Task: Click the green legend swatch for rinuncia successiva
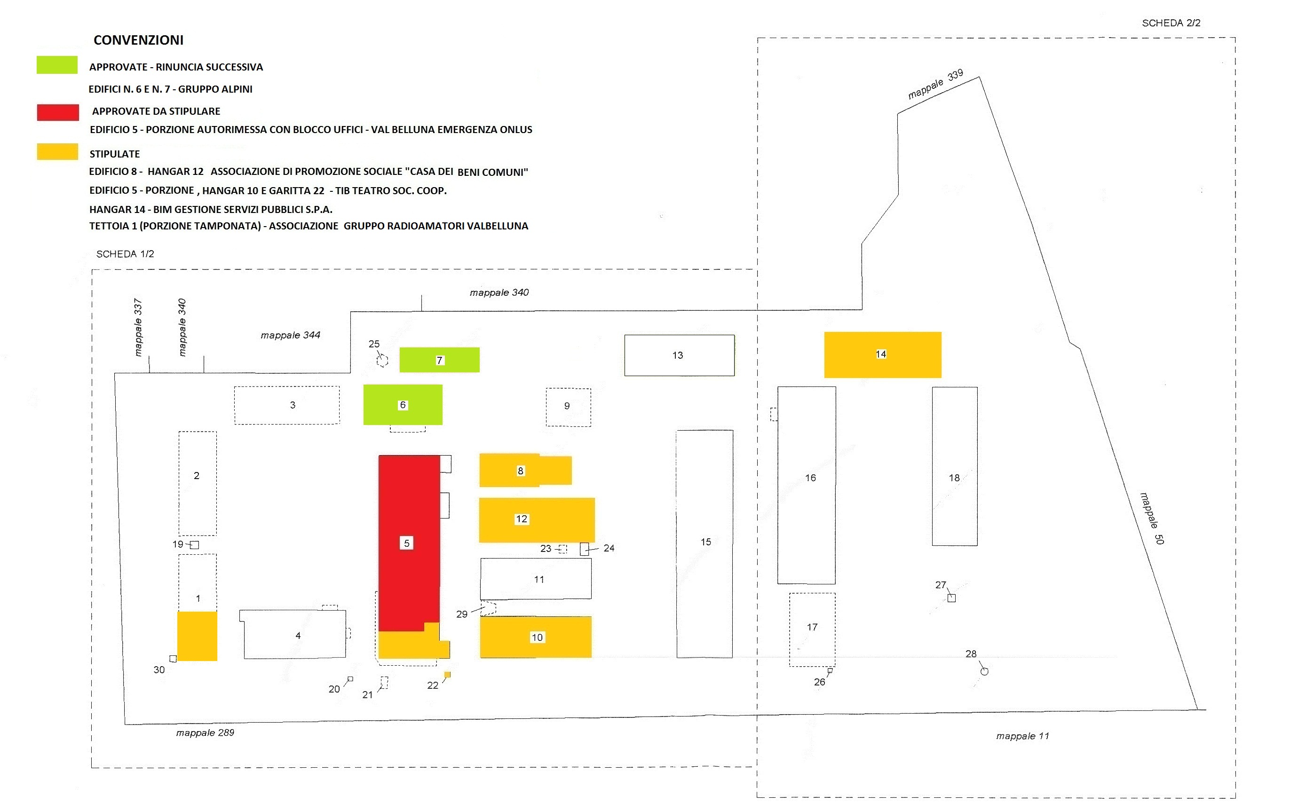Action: click(x=57, y=65)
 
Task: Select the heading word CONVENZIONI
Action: click(x=138, y=40)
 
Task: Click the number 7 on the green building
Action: click(x=439, y=361)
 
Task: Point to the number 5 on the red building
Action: click(x=406, y=543)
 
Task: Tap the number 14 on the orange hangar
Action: click(x=880, y=354)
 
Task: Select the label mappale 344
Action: click(x=290, y=335)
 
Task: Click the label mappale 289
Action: click(x=205, y=732)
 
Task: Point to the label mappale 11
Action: click(x=1022, y=736)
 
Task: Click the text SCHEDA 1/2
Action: click(x=125, y=254)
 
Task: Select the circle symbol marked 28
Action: click(x=984, y=671)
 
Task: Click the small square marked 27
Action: click(x=951, y=598)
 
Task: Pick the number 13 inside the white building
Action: click(x=678, y=355)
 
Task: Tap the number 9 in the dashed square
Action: click(x=567, y=406)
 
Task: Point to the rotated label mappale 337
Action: click(x=138, y=327)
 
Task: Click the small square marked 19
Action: click(x=195, y=545)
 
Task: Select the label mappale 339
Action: click(x=935, y=84)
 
